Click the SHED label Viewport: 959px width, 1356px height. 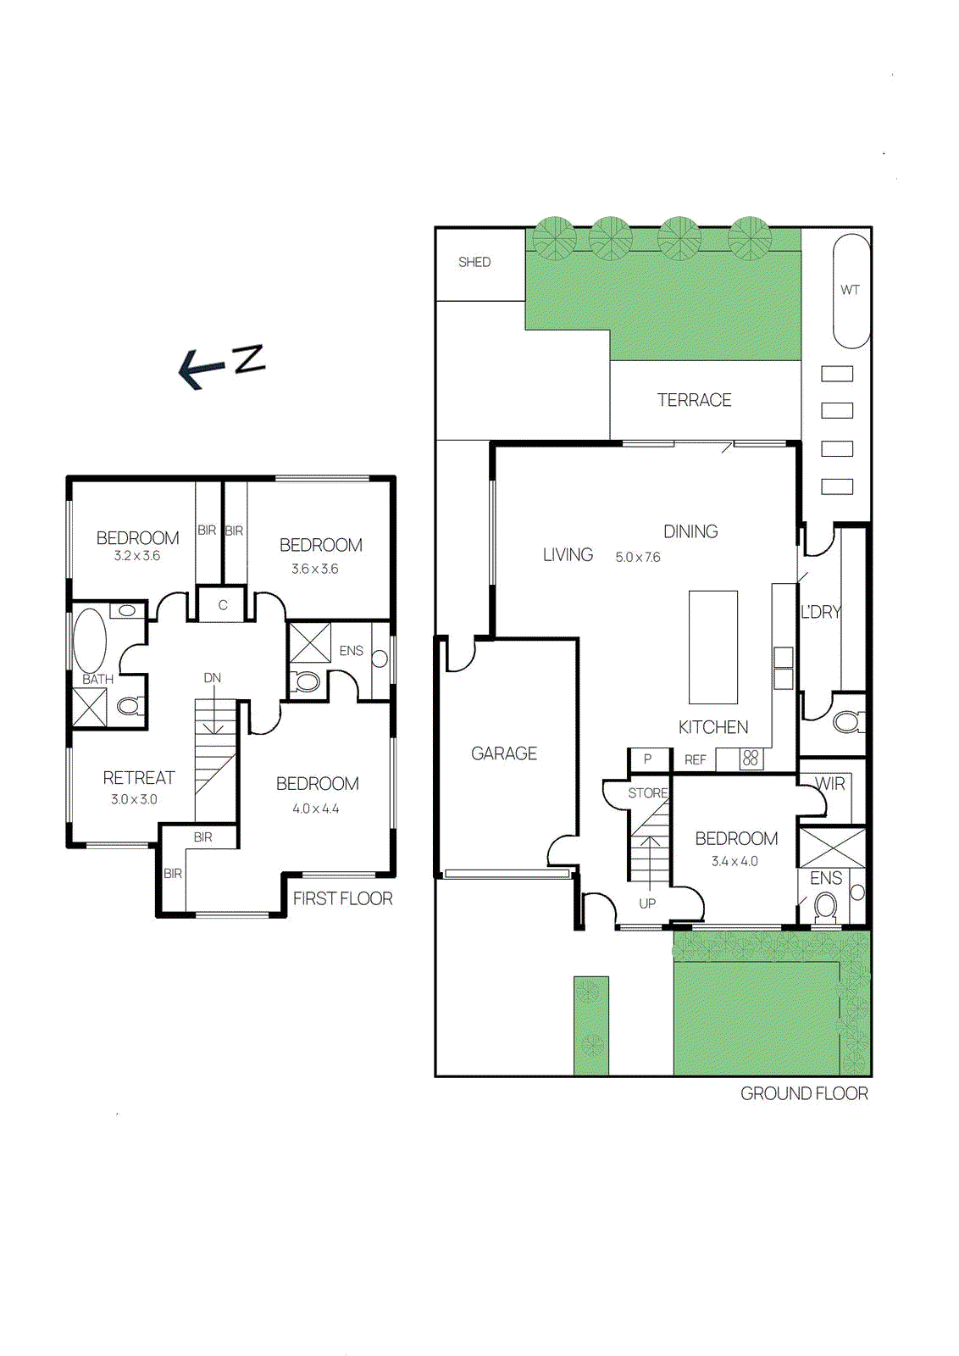474,262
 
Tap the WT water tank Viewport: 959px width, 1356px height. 851,292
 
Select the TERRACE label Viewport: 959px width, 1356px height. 695,400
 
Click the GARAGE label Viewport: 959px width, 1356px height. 504,753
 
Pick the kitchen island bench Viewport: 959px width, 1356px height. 713,647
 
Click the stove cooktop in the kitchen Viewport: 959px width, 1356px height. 751,759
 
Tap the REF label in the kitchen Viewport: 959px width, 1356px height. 696,760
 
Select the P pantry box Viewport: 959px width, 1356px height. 648,760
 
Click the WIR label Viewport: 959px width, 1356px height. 829,784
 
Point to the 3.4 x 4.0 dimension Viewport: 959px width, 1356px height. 734,861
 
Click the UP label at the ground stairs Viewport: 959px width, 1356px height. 647,903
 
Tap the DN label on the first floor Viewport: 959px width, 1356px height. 213,678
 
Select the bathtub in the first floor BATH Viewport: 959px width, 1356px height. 90,640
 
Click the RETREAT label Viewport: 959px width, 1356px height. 139,778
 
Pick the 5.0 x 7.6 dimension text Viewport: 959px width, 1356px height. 638,557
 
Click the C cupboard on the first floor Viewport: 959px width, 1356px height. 223,604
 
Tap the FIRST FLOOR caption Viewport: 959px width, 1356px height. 343,899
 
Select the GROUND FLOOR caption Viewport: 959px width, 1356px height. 804,1094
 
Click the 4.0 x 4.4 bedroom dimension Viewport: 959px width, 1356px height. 316,809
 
